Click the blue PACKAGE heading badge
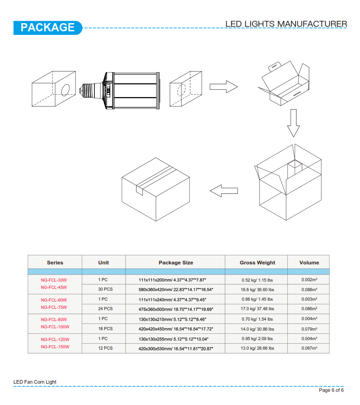click(x=48, y=28)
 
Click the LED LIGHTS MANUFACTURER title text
click(x=286, y=24)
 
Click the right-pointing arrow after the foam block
click(x=223, y=87)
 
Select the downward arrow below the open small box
click(x=293, y=123)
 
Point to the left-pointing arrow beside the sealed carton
click(x=224, y=191)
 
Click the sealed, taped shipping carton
click(x=156, y=189)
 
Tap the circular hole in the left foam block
click(x=65, y=90)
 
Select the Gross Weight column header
click(x=257, y=263)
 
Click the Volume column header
click(x=309, y=263)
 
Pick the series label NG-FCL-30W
click(x=54, y=280)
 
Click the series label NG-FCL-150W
click(x=55, y=346)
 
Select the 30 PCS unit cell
click(x=105, y=289)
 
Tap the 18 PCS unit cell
click(x=105, y=328)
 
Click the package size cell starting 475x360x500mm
click(x=176, y=309)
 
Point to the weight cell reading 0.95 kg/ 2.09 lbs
click(x=257, y=339)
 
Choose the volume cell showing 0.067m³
click(x=309, y=348)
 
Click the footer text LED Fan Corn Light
click(x=35, y=382)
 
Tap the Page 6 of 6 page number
click(x=331, y=390)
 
